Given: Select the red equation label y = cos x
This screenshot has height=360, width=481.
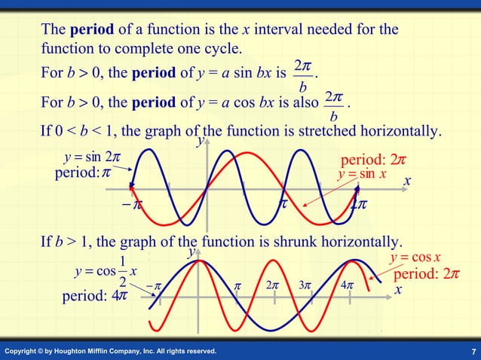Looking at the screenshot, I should coord(415,258).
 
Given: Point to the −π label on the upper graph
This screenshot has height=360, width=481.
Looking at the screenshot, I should coord(133,204).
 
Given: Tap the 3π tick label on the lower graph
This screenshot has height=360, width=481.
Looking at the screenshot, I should coord(305,286).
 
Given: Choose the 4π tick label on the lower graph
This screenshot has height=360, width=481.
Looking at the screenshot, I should coord(346,286).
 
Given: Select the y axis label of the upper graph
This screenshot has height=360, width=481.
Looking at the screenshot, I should coord(200,141).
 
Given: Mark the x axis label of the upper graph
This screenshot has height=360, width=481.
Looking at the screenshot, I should coord(406,182).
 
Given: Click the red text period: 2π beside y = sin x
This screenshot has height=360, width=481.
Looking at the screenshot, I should coord(374,160).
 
